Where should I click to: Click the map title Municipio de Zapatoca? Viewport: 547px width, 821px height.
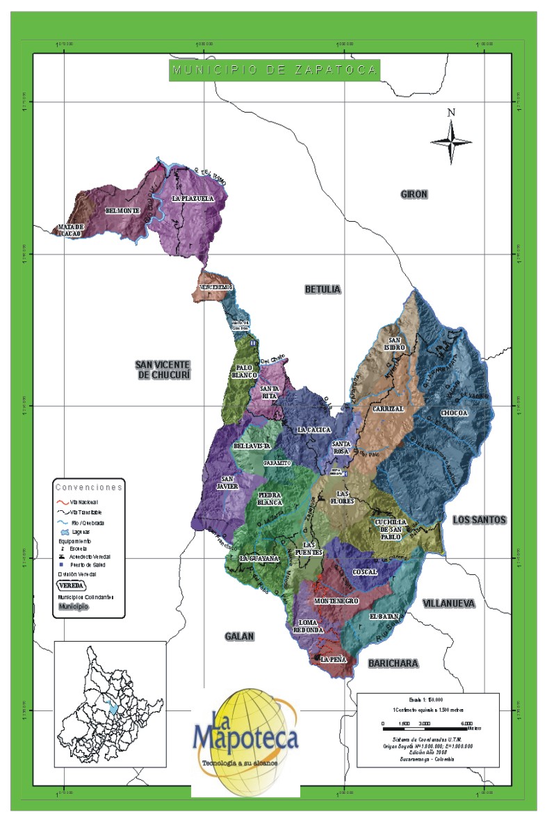point(275,70)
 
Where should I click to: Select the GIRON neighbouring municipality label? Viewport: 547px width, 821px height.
point(414,195)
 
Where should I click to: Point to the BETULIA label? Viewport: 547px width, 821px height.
point(323,288)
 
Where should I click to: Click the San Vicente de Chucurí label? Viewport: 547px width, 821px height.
point(164,370)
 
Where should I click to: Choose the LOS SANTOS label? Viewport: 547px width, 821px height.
point(480,520)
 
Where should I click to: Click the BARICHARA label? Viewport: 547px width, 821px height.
point(393,663)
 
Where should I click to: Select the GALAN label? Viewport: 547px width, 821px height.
point(240,636)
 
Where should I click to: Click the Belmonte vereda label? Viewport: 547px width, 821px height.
point(122,211)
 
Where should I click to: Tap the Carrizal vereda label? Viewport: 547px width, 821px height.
point(387,409)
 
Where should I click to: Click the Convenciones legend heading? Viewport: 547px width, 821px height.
point(89,487)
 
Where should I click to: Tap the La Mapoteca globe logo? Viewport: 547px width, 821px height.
point(245,737)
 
